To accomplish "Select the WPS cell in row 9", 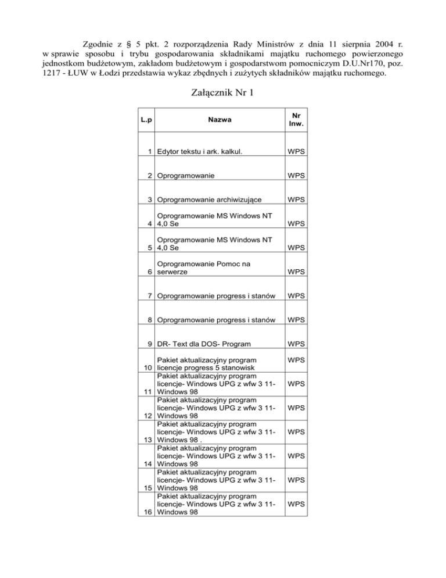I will tap(297, 343).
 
